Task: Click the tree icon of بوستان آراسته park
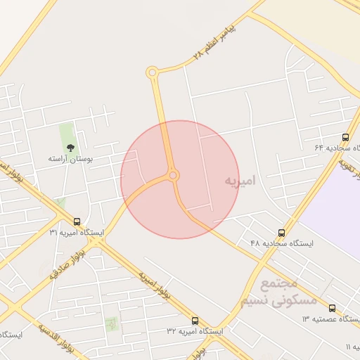coord(70,147)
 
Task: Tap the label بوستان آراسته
coord(70,160)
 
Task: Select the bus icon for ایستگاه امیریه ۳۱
coord(77,221)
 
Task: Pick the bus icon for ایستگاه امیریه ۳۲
coord(195,321)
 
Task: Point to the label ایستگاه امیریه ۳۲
coord(195,330)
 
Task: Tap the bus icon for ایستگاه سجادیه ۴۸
coord(281,233)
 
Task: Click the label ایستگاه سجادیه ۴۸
coord(282,243)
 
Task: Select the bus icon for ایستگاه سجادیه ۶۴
coord(345,138)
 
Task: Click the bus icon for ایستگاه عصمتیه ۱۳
coord(332,308)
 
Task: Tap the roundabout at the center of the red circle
coord(173,175)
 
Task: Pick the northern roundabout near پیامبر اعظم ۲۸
coord(152,72)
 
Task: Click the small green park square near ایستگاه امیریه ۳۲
coord(111,324)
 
